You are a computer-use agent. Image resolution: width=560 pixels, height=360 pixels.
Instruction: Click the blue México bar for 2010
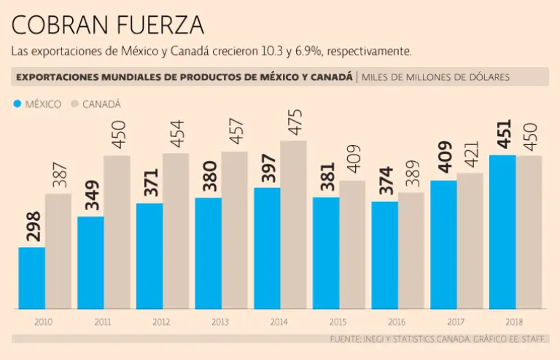click(31, 278)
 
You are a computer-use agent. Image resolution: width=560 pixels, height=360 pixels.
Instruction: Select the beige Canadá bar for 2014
click(293, 224)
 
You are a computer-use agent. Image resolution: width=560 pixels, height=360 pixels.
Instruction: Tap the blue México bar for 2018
click(502, 232)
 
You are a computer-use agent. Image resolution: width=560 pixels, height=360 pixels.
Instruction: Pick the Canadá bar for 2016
click(411, 250)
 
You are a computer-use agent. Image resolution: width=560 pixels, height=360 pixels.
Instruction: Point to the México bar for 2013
click(208, 253)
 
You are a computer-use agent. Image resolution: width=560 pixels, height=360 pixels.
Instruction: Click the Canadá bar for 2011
click(117, 232)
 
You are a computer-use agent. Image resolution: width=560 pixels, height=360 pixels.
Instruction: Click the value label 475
click(293, 122)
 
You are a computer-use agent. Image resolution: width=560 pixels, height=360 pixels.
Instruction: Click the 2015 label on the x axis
click(338, 321)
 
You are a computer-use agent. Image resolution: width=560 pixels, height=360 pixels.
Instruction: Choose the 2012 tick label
click(162, 321)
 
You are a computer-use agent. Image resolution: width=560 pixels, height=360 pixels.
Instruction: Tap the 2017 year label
click(456, 321)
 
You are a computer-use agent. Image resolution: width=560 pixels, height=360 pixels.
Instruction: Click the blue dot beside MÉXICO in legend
click(17, 104)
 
